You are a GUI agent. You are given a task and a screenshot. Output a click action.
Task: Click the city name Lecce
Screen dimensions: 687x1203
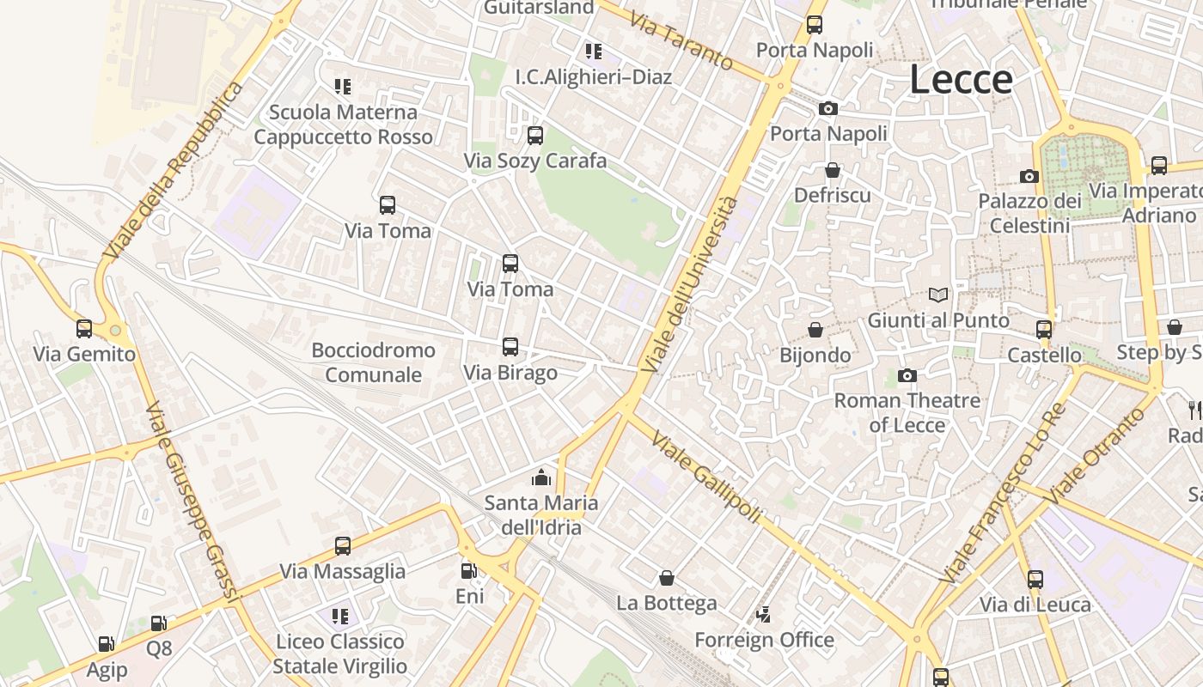[961, 80]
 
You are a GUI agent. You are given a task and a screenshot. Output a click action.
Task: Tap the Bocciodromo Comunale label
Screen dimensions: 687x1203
[373, 362]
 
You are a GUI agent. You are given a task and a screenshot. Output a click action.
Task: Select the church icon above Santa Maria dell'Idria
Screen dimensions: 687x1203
[541, 477]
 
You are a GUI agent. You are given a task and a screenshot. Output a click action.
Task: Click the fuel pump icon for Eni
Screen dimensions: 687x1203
[468, 571]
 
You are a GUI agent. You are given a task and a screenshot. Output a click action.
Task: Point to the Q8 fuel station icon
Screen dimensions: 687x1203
[159, 623]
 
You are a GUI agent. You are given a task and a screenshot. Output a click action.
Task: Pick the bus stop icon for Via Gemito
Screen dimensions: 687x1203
[84, 329]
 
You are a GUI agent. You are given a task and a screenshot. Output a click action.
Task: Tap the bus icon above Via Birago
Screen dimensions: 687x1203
[510, 347]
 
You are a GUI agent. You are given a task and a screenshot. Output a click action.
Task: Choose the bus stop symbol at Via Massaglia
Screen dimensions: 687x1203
[343, 546]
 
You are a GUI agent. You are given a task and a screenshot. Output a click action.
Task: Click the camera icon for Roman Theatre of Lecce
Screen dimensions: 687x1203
[907, 375]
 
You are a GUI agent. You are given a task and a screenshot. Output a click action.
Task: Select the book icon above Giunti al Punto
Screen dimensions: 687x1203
[938, 295]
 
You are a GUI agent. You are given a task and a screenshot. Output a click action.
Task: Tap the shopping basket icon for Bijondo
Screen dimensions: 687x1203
[815, 330]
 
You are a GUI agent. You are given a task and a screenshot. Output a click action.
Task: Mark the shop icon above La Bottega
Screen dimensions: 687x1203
[666, 578]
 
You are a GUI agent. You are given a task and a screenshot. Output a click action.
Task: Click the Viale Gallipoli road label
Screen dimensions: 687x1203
[706, 477]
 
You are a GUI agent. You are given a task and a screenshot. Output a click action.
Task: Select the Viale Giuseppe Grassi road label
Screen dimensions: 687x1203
[190, 500]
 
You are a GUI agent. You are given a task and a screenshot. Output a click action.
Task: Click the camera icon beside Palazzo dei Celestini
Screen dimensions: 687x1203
[1029, 177]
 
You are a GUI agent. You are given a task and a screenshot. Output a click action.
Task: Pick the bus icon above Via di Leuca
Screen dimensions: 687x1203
[1035, 580]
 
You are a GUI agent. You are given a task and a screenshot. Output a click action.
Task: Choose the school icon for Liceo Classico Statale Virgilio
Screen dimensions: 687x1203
[340, 617]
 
